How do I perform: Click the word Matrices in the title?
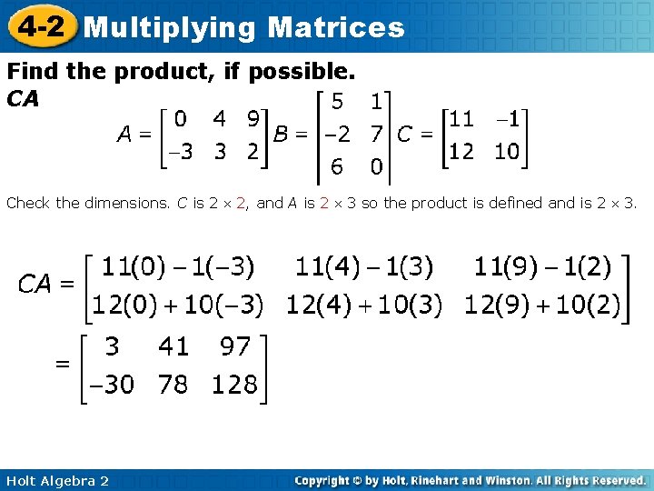point(336,27)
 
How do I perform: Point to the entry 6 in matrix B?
point(337,167)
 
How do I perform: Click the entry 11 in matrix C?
point(462,118)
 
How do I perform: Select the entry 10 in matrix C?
point(506,151)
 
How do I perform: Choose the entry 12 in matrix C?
point(462,151)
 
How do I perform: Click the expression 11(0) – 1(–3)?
point(177,267)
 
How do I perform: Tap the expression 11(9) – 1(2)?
point(542,267)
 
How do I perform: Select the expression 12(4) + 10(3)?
point(363,306)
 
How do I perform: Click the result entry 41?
point(173,346)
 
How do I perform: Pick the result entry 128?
point(234,385)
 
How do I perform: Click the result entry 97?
point(234,346)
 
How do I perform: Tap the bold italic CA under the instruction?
point(23,98)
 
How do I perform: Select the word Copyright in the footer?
point(323,480)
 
